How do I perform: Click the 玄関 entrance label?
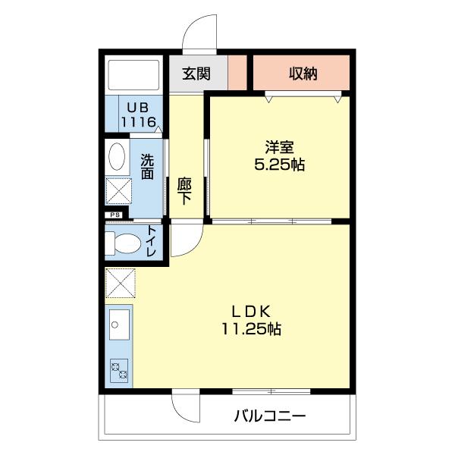click(196, 74)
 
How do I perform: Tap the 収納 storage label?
click(303, 74)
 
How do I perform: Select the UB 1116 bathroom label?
click(140, 115)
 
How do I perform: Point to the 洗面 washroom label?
click(147, 167)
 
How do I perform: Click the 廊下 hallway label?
click(184, 190)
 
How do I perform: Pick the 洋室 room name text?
click(279, 147)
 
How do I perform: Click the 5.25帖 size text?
click(279, 164)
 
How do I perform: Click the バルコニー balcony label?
click(269, 416)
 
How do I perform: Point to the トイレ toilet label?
click(152, 242)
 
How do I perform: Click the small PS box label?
click(115, 215)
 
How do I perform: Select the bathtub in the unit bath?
click(133, 74)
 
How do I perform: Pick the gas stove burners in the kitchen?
click(119, 371)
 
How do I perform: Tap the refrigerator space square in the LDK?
click(121, 284)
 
